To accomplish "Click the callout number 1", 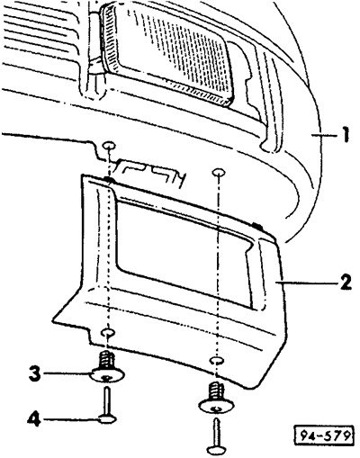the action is [x=346, y=135].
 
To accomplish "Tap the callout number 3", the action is [x=35, y=373].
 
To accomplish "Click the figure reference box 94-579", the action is [x=322, y=435].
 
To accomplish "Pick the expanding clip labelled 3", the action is [x=107, y=367].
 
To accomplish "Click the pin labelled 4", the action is [x=107, y=405].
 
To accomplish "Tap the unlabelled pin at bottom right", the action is [x=217, y=436].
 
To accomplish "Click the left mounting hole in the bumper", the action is [x=109, y=146].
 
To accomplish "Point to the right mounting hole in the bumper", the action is [x=219, y=173].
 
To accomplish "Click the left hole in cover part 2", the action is [x=108, y=332].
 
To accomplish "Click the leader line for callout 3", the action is [x=67, y=373].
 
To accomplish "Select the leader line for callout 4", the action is [x=70, y=419].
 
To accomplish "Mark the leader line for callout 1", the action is [x=326, y=136].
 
